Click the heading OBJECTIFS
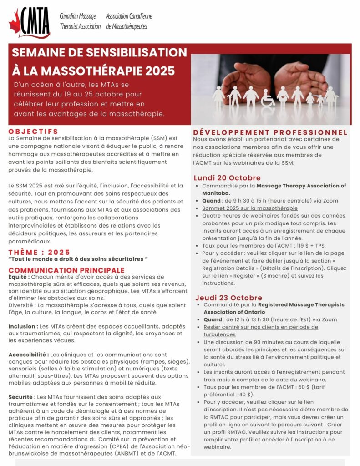click(33, 132)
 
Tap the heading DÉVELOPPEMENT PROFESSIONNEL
click(270, 132)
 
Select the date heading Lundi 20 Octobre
click(227, 177)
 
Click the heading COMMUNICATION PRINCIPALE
click(66, 270)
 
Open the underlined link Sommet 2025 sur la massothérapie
click(250, 208)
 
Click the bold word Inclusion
click(23, 326)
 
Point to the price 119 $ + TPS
click(298, 244)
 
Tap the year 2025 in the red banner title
click(158, 71)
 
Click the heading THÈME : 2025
click(40, 253)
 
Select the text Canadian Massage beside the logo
click(77, 16)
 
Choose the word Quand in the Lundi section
click(211, 200)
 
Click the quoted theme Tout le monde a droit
click(78, 259)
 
